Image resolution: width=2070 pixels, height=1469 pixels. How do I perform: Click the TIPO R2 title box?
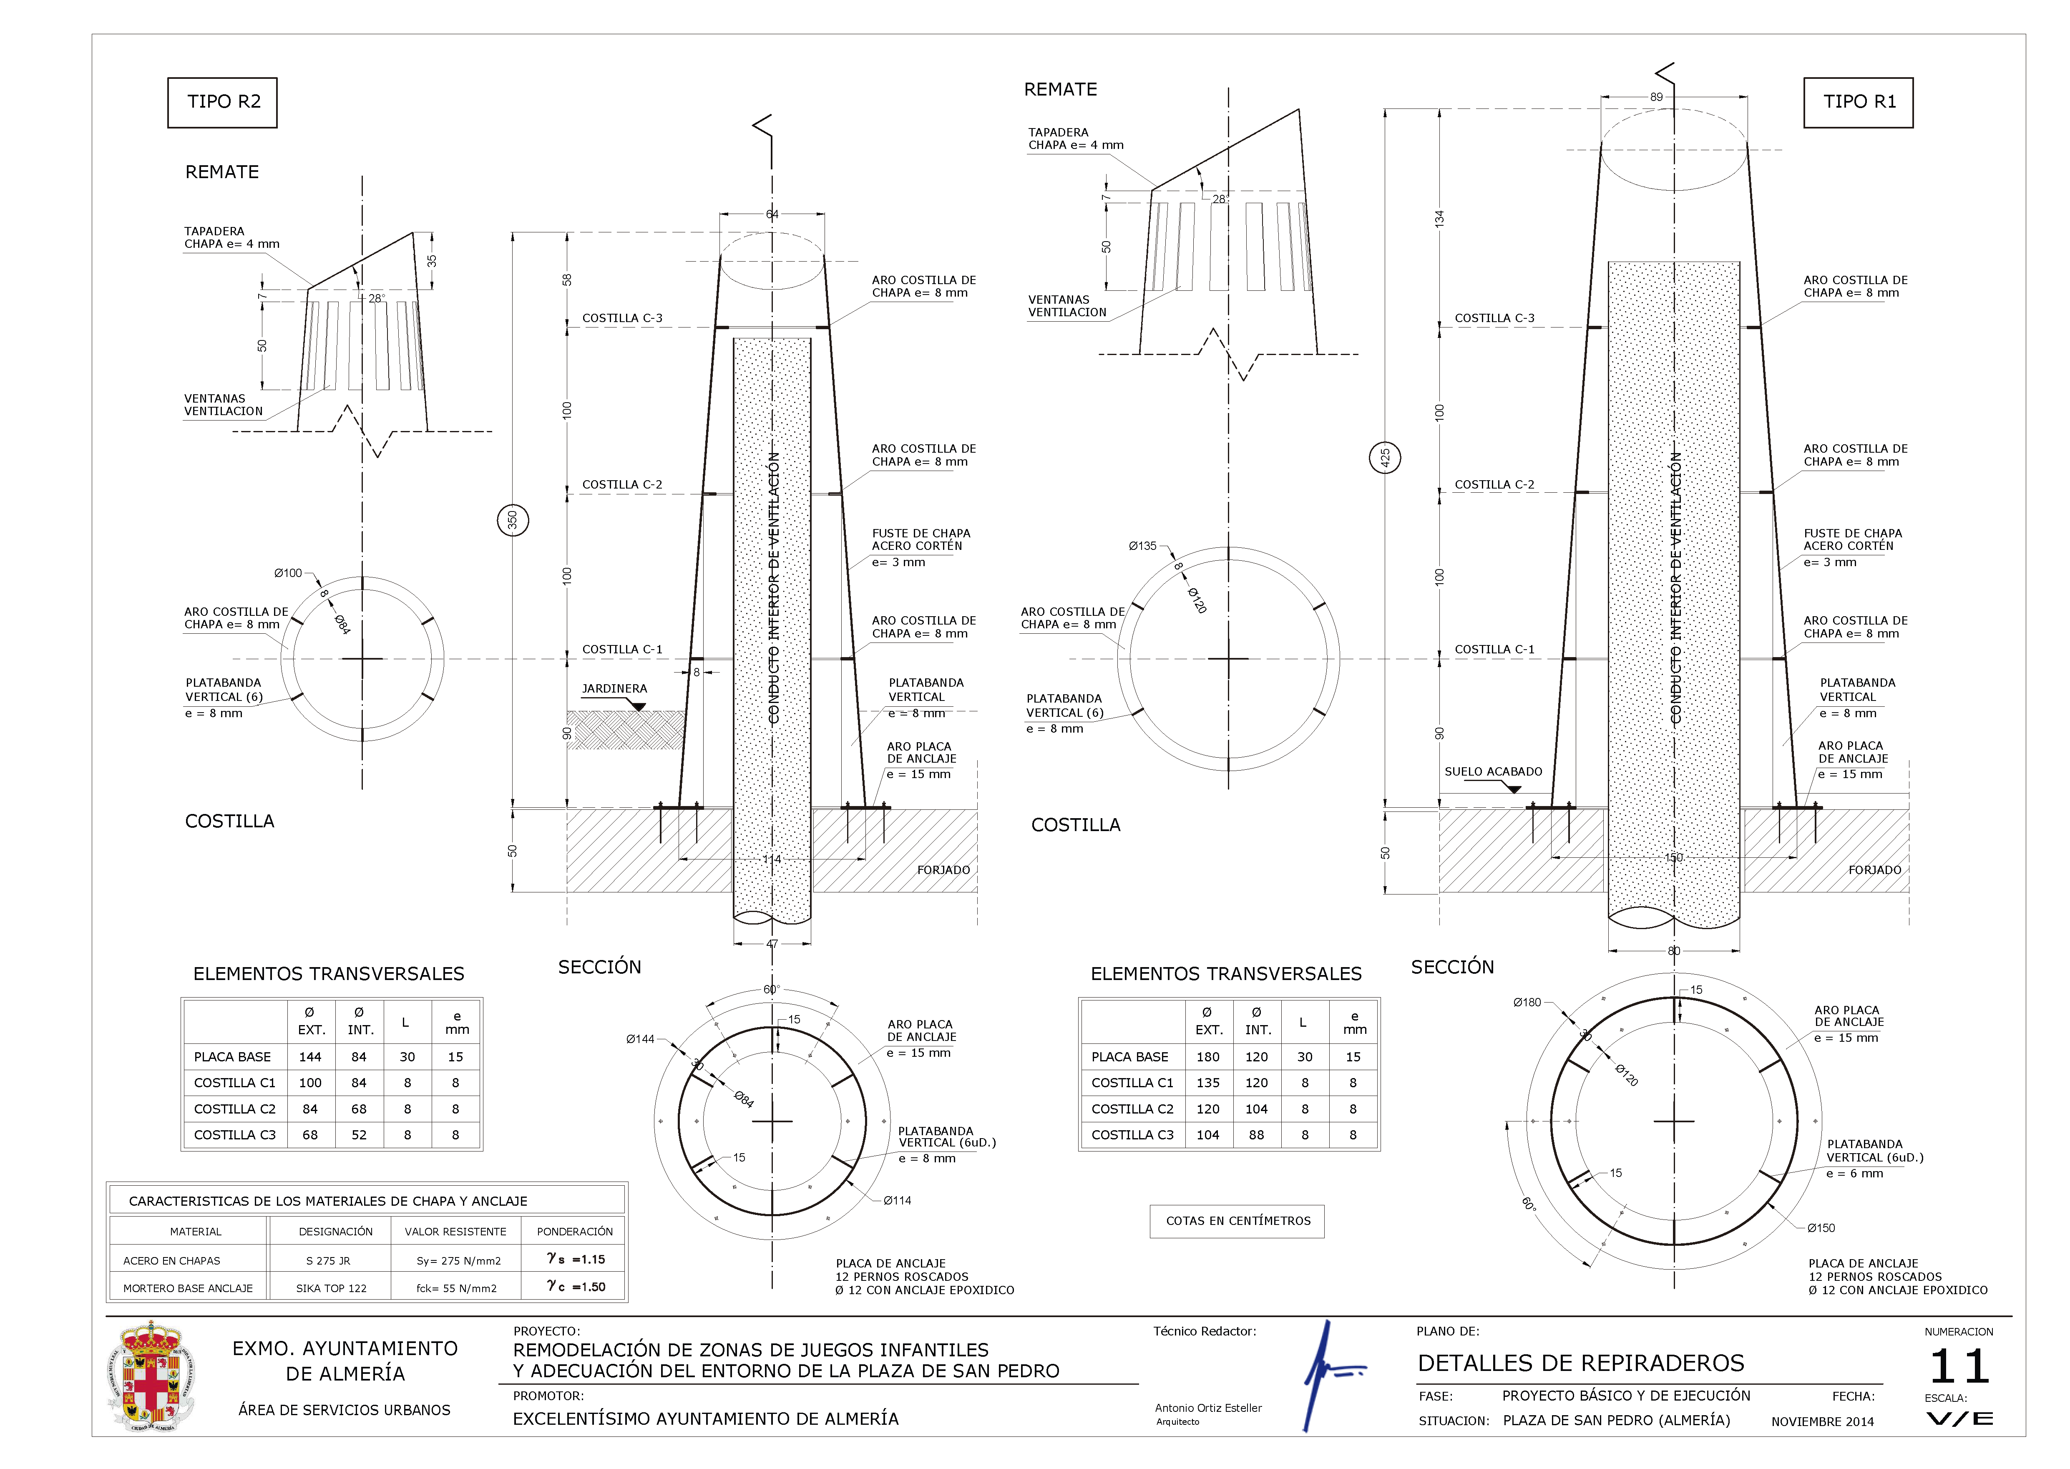pos(222,102)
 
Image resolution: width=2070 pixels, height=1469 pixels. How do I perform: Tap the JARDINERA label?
pos(614,688)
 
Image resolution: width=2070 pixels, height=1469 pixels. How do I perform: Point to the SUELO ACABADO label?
pos(1493,771)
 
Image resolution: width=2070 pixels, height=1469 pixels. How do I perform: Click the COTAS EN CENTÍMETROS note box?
pos(1237,1221)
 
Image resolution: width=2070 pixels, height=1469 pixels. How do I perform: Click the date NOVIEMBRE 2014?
pos(1822,1422)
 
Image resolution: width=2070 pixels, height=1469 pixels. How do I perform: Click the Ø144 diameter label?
pos(640,1039)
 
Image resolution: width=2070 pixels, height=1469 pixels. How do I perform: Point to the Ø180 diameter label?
pos(1527,1002)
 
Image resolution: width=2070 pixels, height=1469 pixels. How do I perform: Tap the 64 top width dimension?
pos(772,214)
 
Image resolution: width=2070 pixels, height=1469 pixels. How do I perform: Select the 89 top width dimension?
pos(1656,97)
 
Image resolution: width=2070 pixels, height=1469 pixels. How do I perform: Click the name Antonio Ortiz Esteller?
pos(1208,1409)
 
